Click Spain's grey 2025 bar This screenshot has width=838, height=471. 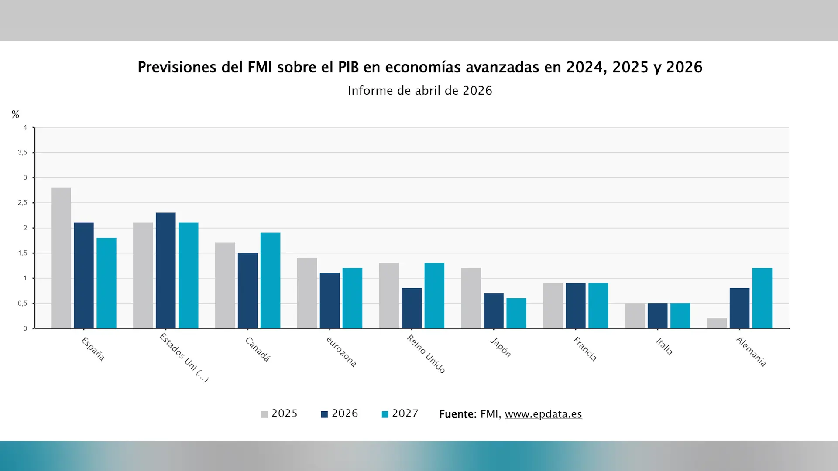click(61, 258)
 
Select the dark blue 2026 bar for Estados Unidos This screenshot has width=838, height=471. click(165, 270)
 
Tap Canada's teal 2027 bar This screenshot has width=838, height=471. click(270, 280)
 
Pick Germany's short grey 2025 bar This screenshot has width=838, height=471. click(717, 324)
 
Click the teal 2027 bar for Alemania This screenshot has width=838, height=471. click(762, 298)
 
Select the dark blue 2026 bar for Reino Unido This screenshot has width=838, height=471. click(412, 308)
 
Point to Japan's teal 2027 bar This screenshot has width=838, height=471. click(516, 313)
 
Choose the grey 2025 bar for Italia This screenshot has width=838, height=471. click(635, 316)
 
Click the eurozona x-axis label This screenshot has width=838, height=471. click(341, 352)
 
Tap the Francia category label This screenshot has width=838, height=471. click(585, 349)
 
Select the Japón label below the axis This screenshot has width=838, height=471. click(501, 348)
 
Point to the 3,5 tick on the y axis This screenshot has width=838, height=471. click(22, 153)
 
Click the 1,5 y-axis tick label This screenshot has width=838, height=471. click(22, 253)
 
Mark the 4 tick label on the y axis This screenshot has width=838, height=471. click(25, 127)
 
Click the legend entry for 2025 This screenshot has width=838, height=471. click(279, 414)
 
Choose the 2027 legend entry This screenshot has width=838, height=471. click(400, 414)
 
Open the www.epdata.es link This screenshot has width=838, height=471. click(543, 414)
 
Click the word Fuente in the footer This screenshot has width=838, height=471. click(457, 414)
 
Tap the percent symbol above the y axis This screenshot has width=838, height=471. click(15, 115)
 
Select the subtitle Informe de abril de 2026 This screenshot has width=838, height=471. click(419, 91)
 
